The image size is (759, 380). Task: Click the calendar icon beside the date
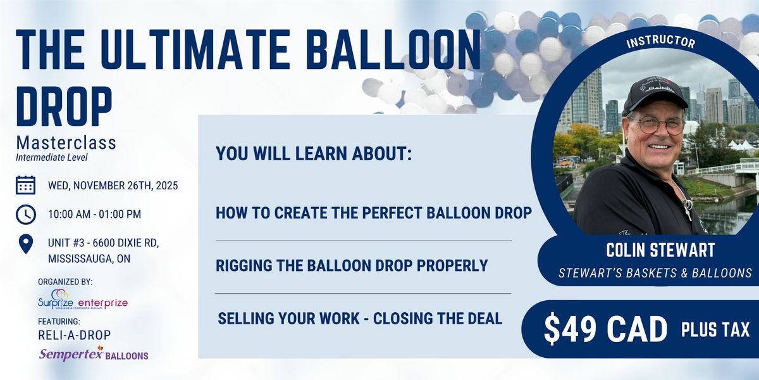[x=25, y=185]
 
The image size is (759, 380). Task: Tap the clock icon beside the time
[x=25, y=214]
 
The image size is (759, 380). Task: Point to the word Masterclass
[x=66, y=142]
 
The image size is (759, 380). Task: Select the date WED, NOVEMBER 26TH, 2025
[x=113, y=186]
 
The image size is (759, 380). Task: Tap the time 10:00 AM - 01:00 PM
[x=95, y=214]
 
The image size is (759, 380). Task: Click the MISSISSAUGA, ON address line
[x=90, y=259]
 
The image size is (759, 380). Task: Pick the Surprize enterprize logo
[x=82, y=301]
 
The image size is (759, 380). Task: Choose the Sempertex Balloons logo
[x=94, y=354]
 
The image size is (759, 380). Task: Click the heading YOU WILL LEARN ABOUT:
[x=314, y=154]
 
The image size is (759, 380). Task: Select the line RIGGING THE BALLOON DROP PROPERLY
[x=352, y=265]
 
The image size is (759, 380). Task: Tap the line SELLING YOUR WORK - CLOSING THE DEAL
[x=360, y=319]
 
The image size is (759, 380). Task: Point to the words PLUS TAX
[x=715, y=329]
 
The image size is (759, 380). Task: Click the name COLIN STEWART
[x=651, y=250]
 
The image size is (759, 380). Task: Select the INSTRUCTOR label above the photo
[x=660, y=42]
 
